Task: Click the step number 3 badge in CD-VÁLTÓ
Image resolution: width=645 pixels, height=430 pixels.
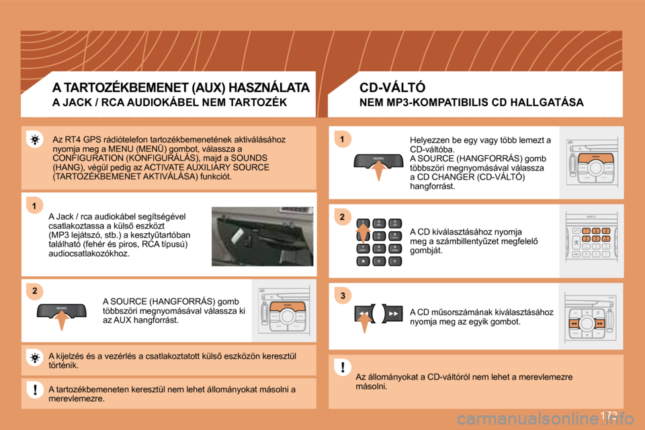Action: pyautogui.click(x=341, y=296)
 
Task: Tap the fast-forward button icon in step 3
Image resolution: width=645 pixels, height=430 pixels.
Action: pyautogui.click(x=394, y=314)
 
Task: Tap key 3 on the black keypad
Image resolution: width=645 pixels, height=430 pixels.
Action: pyautogui.click(x=396, y=223)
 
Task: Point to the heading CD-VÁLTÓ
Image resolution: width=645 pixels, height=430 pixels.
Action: pyautogui.click(x=392, y=87)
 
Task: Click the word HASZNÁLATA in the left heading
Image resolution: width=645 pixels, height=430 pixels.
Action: pyautogui.click(x=269, y=87)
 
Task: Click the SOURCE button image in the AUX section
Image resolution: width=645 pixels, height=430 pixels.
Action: pyautogui.click(x=62, y=310)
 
